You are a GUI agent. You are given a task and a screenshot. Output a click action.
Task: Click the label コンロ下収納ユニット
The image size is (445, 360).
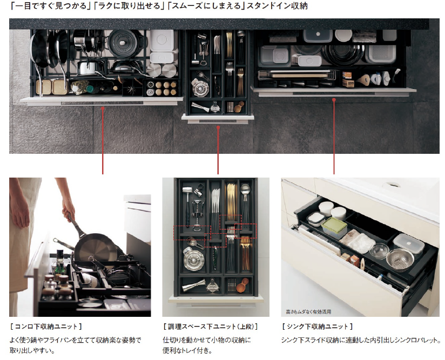click(x=46, y=327)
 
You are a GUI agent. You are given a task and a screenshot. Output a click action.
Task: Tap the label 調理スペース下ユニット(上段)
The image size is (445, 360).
click(x=210, y=327)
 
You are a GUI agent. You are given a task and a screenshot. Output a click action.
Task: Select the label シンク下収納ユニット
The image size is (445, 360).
click(x=318, y=327)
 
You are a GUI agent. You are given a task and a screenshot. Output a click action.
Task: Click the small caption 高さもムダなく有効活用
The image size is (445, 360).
click(x=308, y=312)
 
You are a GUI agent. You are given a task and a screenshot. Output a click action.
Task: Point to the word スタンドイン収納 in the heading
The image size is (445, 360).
click(x=277, y=6)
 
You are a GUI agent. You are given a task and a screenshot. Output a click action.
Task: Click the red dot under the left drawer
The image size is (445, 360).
click(x=103, y=108)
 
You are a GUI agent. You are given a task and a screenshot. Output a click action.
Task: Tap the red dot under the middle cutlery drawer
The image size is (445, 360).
click(x=218, y=127)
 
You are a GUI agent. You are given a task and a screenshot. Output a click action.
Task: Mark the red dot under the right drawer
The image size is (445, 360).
click(x=334, y=99)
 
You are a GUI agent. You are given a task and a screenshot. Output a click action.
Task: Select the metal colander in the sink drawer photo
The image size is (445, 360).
click(x=400, y=259)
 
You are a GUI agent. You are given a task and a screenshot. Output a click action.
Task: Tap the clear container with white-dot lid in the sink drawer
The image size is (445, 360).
click(x=409, y=243)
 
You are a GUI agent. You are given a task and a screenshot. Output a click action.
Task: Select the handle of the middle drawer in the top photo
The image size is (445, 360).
click(x=218, y=121)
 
